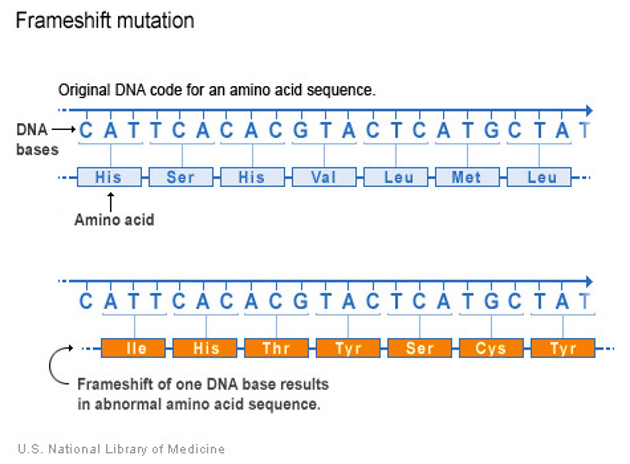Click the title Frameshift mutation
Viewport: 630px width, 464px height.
tap(105, 21)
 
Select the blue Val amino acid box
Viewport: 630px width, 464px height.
tap(324, 177)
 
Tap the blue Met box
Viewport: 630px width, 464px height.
tap(467, 177)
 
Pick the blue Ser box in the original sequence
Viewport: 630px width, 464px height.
tap(181, 177)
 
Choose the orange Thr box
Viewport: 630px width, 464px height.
tap(276, 348)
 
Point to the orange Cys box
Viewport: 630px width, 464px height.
tap(491, 348)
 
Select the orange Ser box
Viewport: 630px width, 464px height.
tap(420, 348)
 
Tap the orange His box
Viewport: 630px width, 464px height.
tap(205, 348)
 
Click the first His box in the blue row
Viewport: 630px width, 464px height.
tap(109, 177)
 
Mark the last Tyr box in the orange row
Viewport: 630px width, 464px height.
tap(563, 348)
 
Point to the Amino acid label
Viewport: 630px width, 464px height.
tap(114, 220)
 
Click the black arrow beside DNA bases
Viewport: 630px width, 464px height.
tap(64, 129)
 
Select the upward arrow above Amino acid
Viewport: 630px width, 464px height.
tap(111, 201)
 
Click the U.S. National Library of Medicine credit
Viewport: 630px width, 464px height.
tap(121, 449)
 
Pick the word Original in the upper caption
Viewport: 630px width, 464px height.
tap(84, 90)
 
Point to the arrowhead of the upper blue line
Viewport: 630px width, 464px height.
tap(589, 111)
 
